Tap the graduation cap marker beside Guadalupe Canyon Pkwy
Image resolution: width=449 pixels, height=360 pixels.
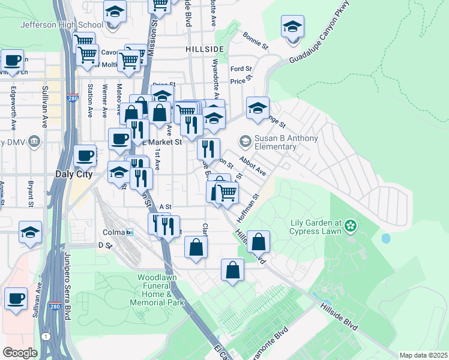pos(292,28)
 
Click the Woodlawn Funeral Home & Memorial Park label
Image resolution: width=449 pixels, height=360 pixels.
pos(160,290)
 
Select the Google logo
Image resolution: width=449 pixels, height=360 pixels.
pos(20,353)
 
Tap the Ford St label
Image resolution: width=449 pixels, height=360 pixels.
pos(241,69)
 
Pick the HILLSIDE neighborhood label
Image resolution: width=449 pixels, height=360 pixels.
pos(205,48)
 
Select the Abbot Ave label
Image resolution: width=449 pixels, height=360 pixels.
pos(252,165)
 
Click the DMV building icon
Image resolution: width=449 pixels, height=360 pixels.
pos(34,142)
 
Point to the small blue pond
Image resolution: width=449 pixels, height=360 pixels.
pos(385,238)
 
